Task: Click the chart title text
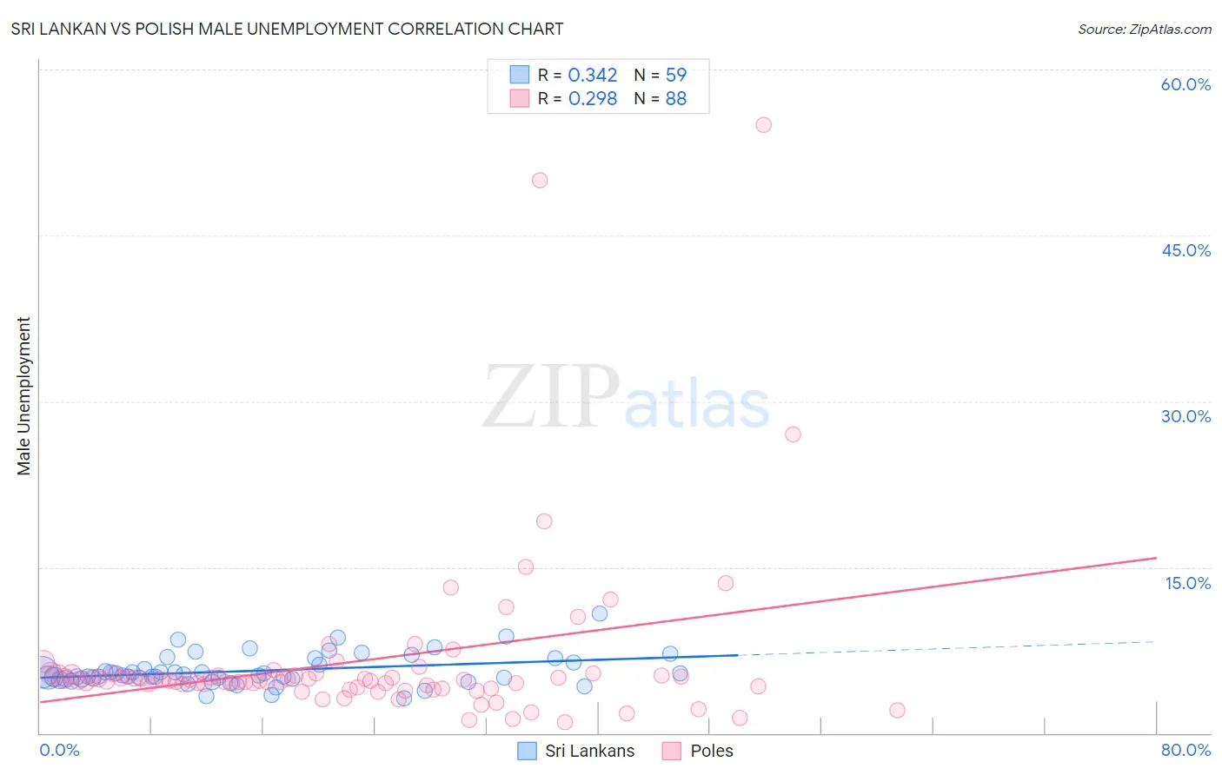(287, 29)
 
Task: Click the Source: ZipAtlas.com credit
(1144, 29)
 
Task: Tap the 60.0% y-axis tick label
(1185, 84)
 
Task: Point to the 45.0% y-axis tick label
(1185, 250)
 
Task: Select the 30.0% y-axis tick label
(1185, 416)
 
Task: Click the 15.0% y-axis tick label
(1187, 583)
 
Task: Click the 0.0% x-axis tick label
(59, 750)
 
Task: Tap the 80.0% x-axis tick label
(1185, 750)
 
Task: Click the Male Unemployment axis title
(23, 396)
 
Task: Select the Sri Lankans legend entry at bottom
(577, 751)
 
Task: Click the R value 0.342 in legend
(592, 76)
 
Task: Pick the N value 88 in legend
(675, 99)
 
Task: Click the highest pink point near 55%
(763, 125)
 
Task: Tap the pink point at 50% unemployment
(540, 181)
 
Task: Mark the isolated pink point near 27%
(793, 434)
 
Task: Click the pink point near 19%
(544, 521)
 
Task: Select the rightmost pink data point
(897, 711)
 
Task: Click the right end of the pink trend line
(1156, 558)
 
